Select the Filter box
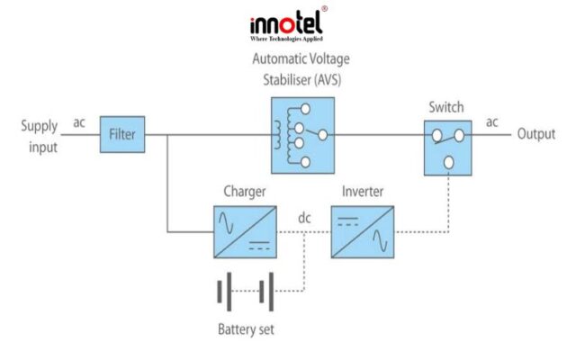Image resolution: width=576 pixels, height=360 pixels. tap(122, 134)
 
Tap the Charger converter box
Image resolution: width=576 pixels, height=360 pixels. tap(245, 232)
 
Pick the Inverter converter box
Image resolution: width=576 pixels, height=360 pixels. tap(363, 232)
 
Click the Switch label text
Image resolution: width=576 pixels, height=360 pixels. tap(446, 107)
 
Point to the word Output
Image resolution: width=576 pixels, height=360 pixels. tap(536, 134)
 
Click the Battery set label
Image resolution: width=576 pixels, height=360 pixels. tap(246, 329)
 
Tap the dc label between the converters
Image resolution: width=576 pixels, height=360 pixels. tap(304, 218)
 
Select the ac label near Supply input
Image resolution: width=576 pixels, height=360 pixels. tap(79, 122)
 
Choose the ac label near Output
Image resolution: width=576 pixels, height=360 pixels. tap(492, 122)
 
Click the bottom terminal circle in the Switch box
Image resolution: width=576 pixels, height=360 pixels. tap(448, 162)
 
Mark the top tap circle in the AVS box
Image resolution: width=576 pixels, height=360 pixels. tap(305, 109)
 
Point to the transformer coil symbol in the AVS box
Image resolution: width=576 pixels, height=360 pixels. tap(278, 135)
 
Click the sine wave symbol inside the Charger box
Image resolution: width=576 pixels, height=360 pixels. tap(226, 223)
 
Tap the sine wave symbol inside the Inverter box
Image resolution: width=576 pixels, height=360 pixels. tap(380, 240)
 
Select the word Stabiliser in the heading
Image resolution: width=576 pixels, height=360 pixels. tap(282, 80)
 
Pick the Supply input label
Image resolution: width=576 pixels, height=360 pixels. tap(40, 137)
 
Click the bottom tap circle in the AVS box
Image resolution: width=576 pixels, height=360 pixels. tap(305, 162)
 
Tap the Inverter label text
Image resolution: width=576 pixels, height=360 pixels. tap(363, 192)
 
